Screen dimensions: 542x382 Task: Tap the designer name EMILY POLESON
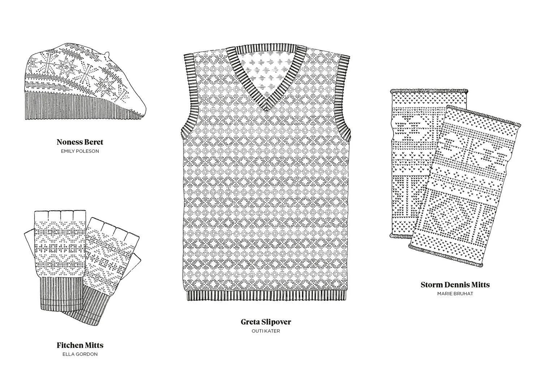80,151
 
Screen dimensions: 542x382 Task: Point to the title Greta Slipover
266,322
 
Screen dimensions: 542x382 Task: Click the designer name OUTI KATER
266,331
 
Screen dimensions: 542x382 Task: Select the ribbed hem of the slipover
266,296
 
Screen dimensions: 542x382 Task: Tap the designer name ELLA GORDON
80,354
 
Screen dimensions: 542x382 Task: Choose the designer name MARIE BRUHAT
455,293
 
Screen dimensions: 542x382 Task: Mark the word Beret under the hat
94,142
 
